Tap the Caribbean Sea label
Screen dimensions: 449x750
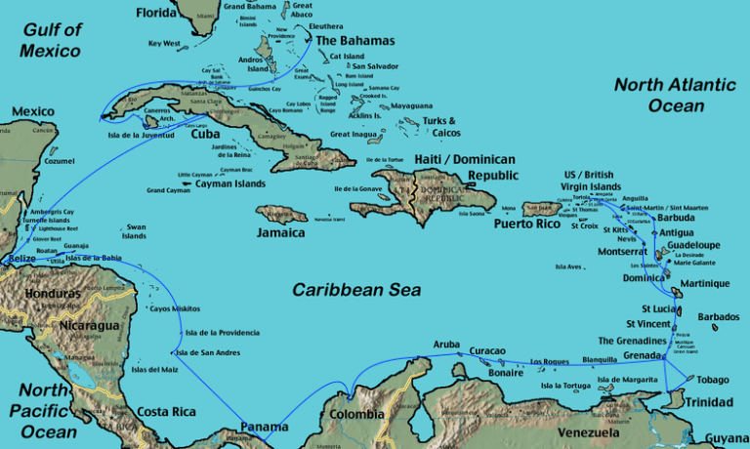pyautogui.click(x=356, y=290)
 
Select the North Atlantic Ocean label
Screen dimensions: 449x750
pyautogui.click(x=673, y=96)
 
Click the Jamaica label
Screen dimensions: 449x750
pyautogui.click(x=280, y=234)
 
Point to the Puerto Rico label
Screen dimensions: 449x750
pyautogui.click(x=526, y=224)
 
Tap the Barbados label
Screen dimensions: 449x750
pyautogui.click(x=719, y=317)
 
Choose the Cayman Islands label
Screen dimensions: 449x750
pyautogui.click(x=229, y=184)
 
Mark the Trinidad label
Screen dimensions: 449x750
pyautogui.click(x=708, y=402)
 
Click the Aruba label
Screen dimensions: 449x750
pyautogui.click(x=446, y=345)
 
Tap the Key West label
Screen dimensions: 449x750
pyautogui.click(x=164, y=43)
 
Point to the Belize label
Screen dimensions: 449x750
pyautogui.click(x=21, y=259)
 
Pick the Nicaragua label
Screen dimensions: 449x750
pyautogui.click(x=89, y=325)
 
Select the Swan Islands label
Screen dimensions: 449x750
pyautogui.click(x=135, y=231)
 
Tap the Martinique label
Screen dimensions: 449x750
pyautogui.click(x=706, y=283)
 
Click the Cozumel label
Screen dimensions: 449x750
pyautogui.click(x=60, y=161)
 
